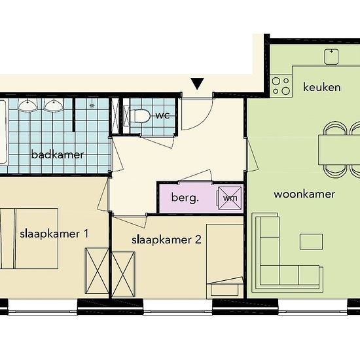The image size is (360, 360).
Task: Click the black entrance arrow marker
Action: tap(197, 84)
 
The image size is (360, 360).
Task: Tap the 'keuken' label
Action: tap(321, 87)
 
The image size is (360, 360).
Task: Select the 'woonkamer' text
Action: tap(304, 194)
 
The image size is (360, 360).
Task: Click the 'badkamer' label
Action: tap(58, 154)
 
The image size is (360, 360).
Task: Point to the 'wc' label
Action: tap(163, 115)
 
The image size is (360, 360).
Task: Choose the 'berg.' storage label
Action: tap(185, 198)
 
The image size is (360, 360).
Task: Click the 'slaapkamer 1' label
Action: tap(54, 234)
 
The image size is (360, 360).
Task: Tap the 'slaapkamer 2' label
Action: tap(166, 240)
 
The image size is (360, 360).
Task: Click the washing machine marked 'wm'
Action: tap(230, 198)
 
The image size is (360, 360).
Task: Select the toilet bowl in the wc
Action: tap(139, 116)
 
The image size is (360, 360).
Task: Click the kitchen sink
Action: tap(331, 56)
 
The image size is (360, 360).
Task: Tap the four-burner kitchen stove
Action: tap(281, 86)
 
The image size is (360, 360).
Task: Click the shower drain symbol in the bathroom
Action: tap(92, 105)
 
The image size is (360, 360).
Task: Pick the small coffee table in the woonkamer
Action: tap(311, 242)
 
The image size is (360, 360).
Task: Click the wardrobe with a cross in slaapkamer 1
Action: tap(97, 271)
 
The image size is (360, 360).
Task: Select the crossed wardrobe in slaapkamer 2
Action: tap(123, 275)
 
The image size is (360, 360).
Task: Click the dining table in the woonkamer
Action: tap(339, 150)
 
